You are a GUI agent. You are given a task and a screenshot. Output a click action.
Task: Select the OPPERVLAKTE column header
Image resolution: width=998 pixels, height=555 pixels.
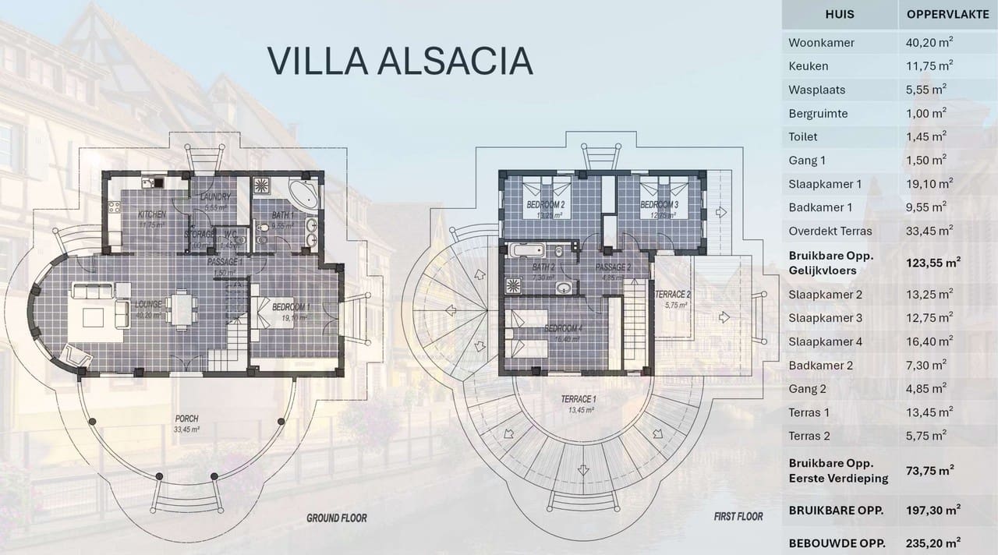pyautogui.click(x=947, y=14)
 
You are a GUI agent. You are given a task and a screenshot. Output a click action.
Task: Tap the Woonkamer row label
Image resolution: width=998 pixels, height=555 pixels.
pyautogui.click(x=821, y=43)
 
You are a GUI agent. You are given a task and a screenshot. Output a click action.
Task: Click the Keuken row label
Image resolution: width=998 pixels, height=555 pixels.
pyautogui.click(x=809, y=66)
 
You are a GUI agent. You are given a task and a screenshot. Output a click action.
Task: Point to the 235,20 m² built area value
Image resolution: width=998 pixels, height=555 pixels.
pyautogui.click(x=933, y=542)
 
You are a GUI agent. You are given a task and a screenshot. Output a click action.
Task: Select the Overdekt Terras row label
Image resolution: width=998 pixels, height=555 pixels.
pyautogui.click(x=830, y=232)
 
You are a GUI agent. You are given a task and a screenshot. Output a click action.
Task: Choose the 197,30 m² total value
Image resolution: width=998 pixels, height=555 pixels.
pyautogui.click(x=933, y=511)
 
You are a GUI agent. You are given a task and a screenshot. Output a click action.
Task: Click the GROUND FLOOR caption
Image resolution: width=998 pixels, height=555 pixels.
pyautogui.click(x=336, y=518)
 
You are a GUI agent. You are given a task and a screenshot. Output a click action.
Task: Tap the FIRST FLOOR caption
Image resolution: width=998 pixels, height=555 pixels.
pyautogui.click(x=738, y=517)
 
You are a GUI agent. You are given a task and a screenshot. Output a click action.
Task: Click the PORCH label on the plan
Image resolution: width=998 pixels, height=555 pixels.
pyautogui.click(x=186, y=419)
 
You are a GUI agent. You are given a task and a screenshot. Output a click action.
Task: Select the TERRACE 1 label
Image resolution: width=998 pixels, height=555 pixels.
pyautogui.click(x=579, y=400)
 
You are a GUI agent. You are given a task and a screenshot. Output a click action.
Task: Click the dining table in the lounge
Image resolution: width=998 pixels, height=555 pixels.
pyautogui.click(x=182, y=308)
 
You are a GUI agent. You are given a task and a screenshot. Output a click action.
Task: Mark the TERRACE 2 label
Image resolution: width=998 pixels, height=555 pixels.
pyautogui.click(x=672, y=295)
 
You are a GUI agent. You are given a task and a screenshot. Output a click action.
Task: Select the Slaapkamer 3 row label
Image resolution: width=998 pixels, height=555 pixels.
pyautogui.click(x=825, y=318)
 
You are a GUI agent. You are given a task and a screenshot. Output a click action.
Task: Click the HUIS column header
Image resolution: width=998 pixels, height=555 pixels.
pyautogui.click(x=839, y=14)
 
